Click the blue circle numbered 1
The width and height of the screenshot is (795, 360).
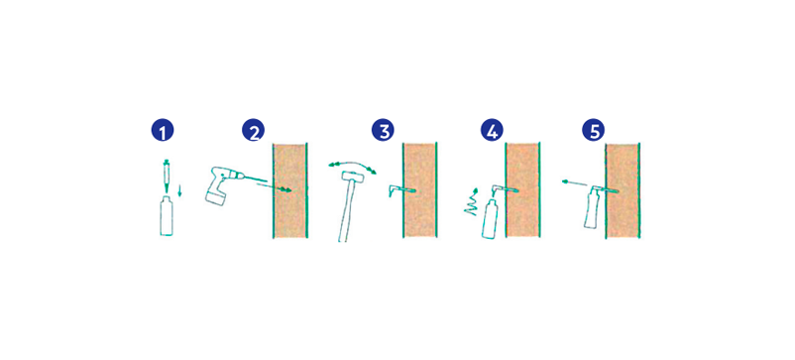pos(163,130)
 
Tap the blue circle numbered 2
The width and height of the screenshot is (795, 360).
pos(253,130)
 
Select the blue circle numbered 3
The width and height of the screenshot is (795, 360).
pos(383,130)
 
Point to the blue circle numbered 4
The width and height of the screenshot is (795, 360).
pos(492,130)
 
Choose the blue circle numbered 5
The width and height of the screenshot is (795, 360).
pos(593,130)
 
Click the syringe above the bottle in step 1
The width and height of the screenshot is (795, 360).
pos(166,176)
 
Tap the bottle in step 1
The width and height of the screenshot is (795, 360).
pos(166,216)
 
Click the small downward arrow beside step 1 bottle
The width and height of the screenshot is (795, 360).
pos(179,191)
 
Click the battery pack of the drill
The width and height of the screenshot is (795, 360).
pos(214,196)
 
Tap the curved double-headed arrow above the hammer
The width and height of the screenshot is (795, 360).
pos(352,166)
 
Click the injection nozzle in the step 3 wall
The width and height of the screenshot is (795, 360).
pos(402,190)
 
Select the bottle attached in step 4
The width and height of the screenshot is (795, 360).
pos(491,218)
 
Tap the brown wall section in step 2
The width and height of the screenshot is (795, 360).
pos(290,190)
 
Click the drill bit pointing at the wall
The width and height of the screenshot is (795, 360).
pos(255,178)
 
